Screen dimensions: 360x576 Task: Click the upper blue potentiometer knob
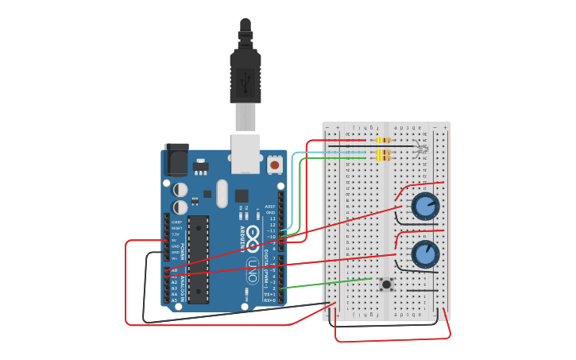[425, 207]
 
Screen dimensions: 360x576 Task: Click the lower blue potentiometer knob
[425, 254]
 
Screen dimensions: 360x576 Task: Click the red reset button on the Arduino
[275, 165]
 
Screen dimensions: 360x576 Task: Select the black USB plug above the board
[245, 72]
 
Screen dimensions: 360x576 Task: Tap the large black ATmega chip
[198, 258]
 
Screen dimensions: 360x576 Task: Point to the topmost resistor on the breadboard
[382, 141]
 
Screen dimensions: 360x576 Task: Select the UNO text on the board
[253, 271]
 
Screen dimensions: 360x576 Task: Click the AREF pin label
[270, 207]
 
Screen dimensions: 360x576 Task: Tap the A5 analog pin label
[174, 300]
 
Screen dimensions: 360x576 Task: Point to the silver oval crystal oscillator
[222, 193]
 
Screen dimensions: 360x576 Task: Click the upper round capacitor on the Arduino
[181, 190]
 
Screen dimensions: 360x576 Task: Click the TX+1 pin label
[270, 294]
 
